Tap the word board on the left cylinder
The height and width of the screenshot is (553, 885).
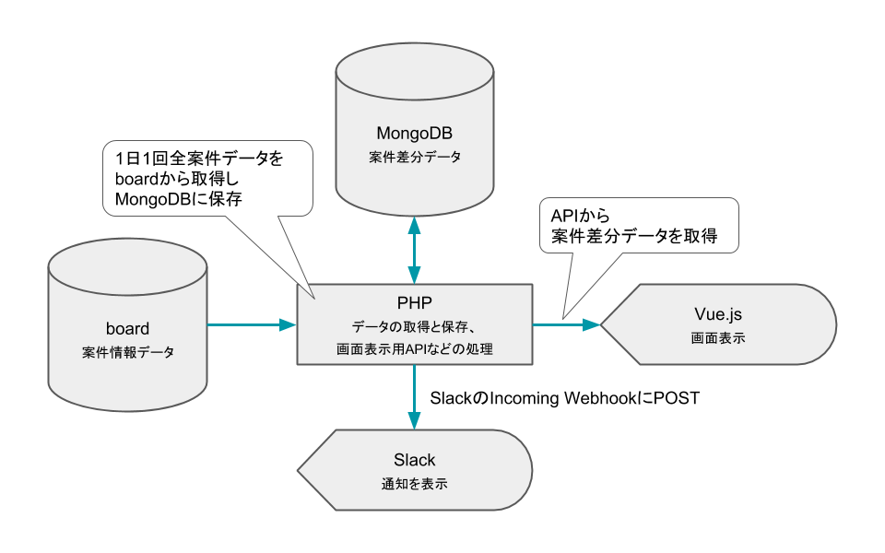(x=127, y=327)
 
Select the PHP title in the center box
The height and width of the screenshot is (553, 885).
(x=414, y=302)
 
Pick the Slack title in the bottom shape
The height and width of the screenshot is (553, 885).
(x=414, y=459)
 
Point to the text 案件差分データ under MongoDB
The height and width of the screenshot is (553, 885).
(x=414, y=158)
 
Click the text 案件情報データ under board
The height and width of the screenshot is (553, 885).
(x=127, y=352)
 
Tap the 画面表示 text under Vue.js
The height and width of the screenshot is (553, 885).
(x=718, y=339)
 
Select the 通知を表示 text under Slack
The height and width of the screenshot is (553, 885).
(x=414, y=484)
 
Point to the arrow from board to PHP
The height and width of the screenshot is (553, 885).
(x=251, y=324)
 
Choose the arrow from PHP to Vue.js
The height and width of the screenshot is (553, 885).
(x=568, y=324)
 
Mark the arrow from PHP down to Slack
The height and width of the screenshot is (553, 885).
(x=414, y=396)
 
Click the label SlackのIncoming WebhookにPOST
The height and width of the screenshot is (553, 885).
(x=565, y=399)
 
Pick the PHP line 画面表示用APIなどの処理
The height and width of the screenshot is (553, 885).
(x=414, y=348)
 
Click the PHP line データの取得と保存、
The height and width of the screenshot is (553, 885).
(x=414, y=326)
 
